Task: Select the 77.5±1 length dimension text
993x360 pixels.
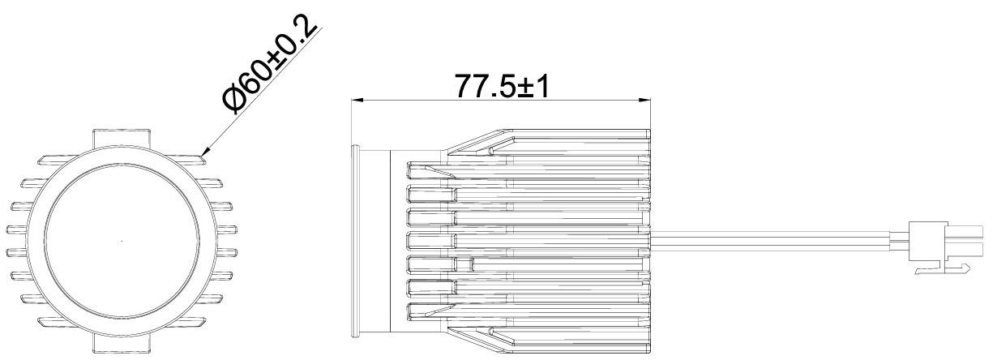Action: [x=501, y=86]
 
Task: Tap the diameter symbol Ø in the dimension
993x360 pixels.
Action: [x=235, y=101]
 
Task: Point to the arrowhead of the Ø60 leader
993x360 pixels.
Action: [x=204, y=151]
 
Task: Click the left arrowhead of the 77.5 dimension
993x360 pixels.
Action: [x=355, y=101]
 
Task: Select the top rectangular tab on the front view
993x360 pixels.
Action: [x=121, y=137]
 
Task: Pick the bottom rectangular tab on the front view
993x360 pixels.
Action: [x=121, y=345]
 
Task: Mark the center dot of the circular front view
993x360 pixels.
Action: [x=121, y=242]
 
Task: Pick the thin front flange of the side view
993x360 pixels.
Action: [x=354, y=242]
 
